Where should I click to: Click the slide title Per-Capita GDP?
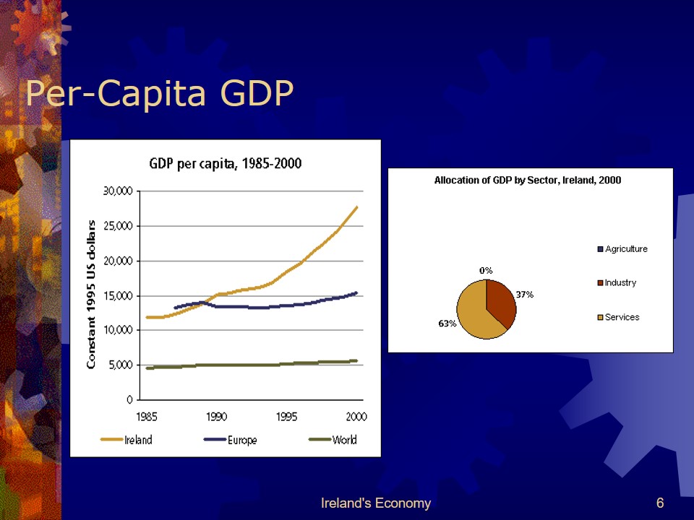(159, 94)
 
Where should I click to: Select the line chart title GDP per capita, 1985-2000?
(225, 164)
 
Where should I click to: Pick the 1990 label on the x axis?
(216, 416)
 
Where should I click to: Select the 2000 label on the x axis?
(356, 416)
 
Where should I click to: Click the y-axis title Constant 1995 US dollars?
(92, 295)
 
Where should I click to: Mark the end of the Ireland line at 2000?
(356, 207)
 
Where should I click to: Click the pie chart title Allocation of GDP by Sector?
(527, 180)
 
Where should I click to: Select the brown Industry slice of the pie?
(501, 302)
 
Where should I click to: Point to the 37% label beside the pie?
(524, 294)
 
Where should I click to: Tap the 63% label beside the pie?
(447, 324)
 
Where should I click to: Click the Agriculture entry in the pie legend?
(625, 249)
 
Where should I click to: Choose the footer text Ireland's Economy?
(375, 503)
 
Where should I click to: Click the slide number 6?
(660, 503)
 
